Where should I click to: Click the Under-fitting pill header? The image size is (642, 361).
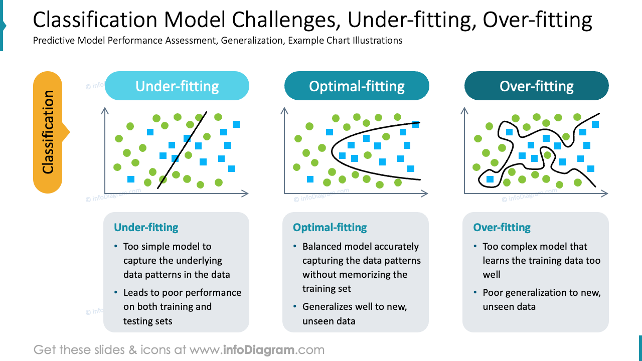tap(177, 86)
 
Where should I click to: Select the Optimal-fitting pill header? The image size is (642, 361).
tap(357, 86)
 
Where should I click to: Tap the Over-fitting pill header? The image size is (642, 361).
tap(536, 86)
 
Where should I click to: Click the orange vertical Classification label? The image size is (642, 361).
tap(48, 132)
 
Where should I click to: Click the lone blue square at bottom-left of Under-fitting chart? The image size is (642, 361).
tap(131, 179)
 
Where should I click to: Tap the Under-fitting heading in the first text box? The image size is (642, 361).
tap(146, 227)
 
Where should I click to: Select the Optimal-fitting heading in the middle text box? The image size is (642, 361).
tap(330, 227)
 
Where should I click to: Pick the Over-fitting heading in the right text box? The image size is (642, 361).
tap(502, 227)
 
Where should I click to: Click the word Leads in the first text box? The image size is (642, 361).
tap(137, 292)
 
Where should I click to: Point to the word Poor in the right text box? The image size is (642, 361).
tap(493, 292)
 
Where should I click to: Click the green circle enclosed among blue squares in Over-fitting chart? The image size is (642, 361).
tap(547, 155)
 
